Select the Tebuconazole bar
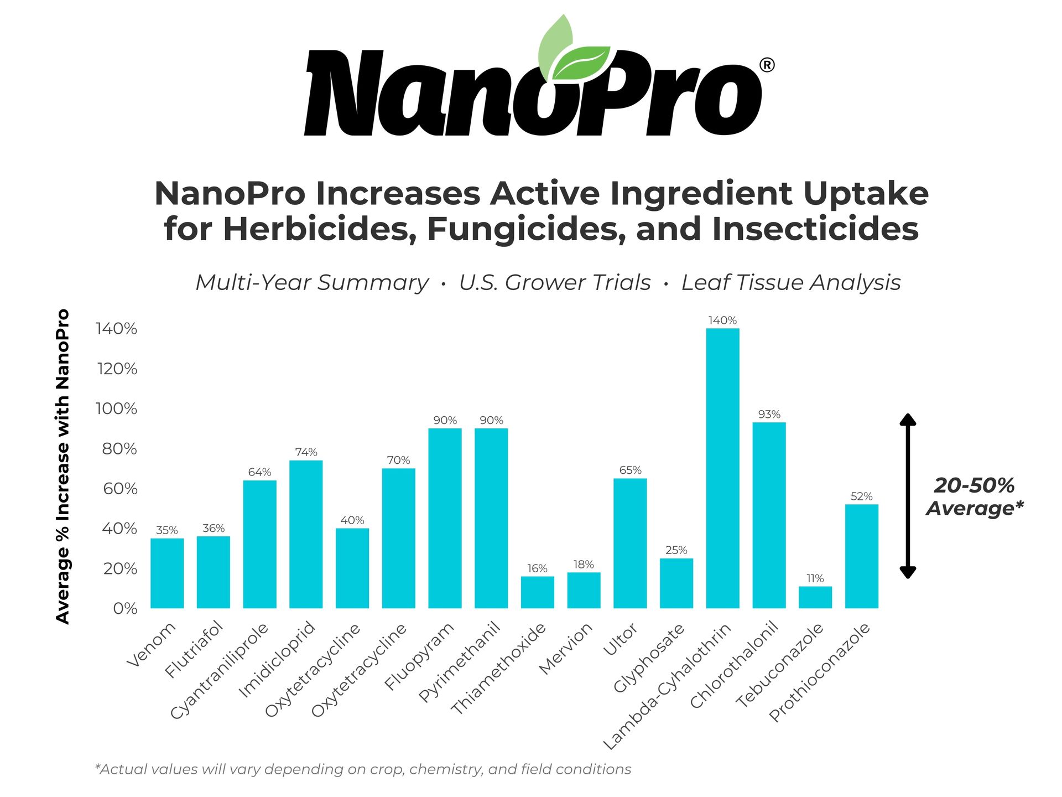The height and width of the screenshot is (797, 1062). point(815,597)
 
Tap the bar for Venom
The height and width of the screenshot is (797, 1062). point(167,573)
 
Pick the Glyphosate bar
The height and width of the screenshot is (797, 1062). point(676,583)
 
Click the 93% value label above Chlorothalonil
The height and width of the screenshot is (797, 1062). point(769,415)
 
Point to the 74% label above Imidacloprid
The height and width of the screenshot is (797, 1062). point(306,452)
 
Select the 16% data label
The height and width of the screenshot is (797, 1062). point(537,568)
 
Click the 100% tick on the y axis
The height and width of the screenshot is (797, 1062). point(116,409)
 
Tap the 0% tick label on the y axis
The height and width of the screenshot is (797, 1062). point(125,609)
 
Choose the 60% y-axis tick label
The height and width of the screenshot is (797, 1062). point(119,489)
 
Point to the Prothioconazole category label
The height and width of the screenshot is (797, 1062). point(820,672)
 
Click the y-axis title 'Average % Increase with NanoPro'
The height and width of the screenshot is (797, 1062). point(63,466)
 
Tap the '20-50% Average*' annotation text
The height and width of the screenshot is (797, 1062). point(975,496)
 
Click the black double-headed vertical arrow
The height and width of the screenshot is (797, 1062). point(908,496)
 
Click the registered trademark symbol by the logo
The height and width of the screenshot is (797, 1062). point(767,65)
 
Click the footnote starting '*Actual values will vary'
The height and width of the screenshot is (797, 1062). point(363,769)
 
